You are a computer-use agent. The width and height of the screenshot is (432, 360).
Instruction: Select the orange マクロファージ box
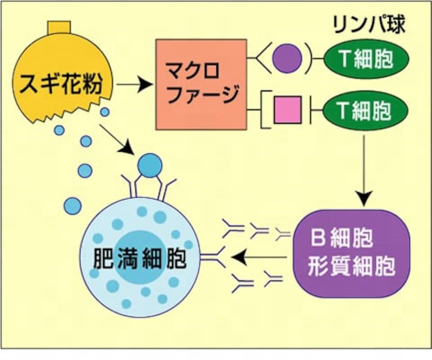(201, 84)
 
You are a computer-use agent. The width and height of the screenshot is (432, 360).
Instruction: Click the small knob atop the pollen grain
(59, 27)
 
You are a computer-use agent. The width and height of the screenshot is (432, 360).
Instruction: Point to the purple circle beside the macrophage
(286, 58)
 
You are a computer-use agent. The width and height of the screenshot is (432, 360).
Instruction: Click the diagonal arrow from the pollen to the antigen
(116, 138)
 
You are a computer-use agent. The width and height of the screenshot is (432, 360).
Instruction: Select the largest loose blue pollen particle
(72, 205)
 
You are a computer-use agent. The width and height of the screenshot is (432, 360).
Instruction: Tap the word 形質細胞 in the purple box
(352, 266)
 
